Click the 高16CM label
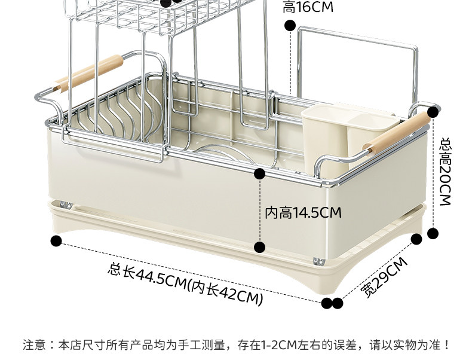coord(308,7)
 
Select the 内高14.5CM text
coord(303,212)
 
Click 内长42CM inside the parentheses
coord(226,290)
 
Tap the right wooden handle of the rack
coord(400,133)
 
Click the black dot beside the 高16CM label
coord(290,25)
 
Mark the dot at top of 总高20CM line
coord(433,111)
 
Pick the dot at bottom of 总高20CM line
coord(433,232)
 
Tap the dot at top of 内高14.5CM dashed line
coord(259,174)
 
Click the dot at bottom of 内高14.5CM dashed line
coord(259,247)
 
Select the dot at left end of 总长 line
coord(56,241)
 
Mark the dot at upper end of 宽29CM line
coord(417,239)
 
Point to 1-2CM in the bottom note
coord(281,345)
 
